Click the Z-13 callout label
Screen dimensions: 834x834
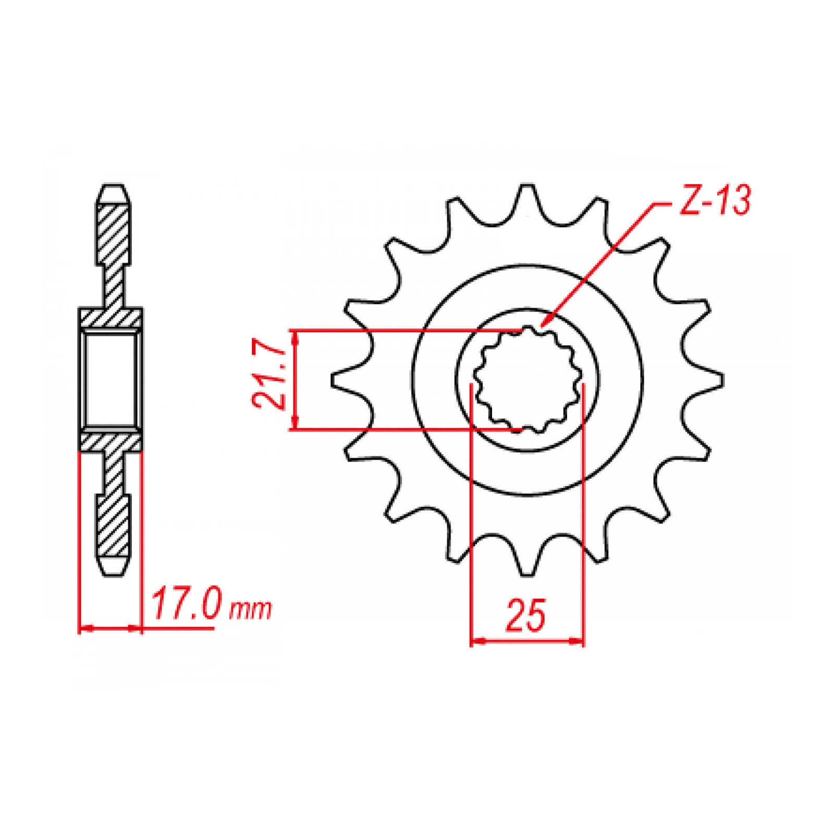(x=714, y=201)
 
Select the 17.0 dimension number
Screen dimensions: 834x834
(x=186, y=604)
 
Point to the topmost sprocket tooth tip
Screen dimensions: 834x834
(x=527, y=186)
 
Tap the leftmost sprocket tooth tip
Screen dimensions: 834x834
(x=333, y=380)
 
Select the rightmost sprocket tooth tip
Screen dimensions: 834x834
(x=722, y=380)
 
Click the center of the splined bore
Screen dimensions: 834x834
(x=528, y=380)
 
